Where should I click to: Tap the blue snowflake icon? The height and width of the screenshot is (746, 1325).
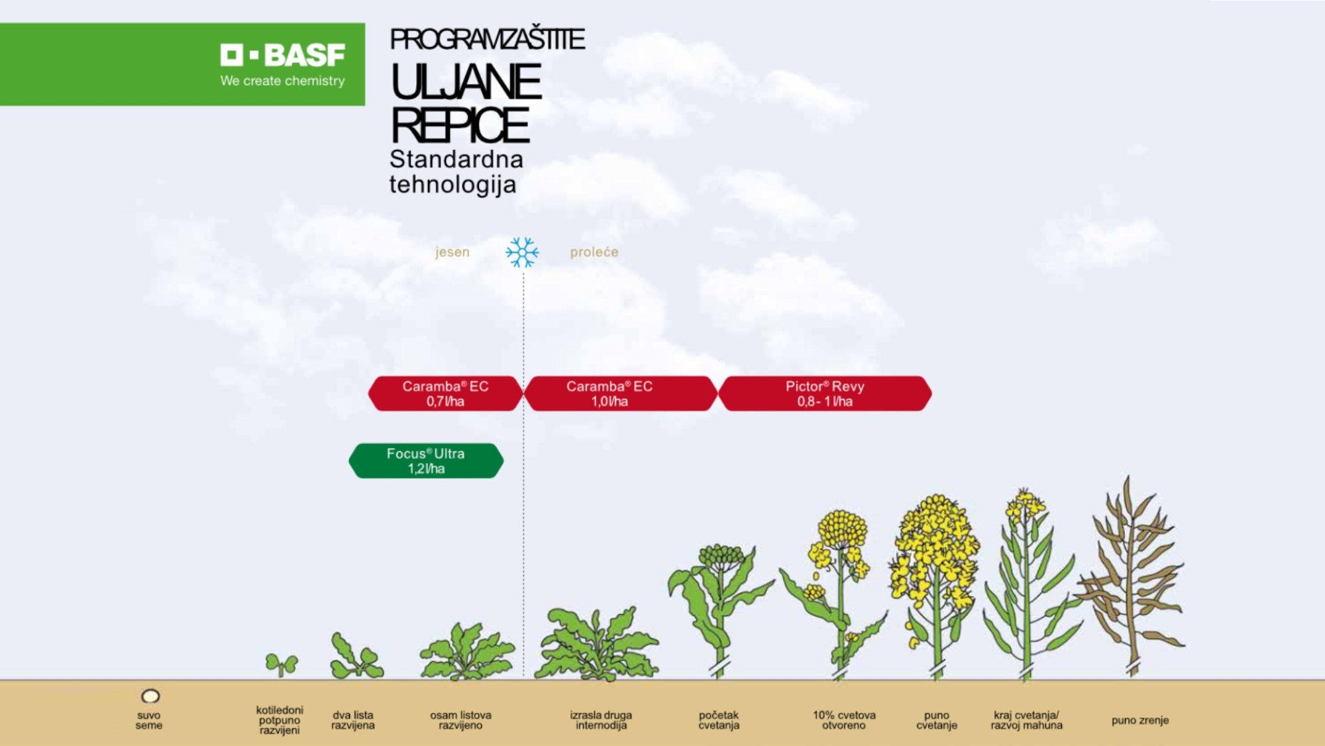tap(522, 252)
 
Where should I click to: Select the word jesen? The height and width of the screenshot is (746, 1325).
tap(452, 252)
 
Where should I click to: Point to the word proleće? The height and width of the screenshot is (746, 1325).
tap(594, 252)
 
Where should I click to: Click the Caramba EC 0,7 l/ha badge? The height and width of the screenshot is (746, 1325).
tap(445, 394)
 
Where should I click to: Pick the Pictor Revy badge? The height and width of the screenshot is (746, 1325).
tap(825, 394)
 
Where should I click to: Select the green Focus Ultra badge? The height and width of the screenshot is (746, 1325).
tap(426, 461)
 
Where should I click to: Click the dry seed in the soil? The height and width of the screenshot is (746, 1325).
tap(150, 696)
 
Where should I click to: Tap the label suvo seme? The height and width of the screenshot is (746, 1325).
tap(149, 720)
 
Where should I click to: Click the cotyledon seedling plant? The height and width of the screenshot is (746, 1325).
tap(282, 664)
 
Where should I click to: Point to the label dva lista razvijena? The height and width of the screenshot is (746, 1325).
tap(353, 720)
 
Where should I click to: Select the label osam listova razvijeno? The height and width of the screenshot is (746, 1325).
tap(460, 720)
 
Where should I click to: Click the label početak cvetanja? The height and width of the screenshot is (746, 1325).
tap(719, 720)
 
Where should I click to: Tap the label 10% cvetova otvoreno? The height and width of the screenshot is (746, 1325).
tap(844, 720)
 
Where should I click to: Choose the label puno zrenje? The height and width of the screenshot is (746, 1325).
tap(1140, 720)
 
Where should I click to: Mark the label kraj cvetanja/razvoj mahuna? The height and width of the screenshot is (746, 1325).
tap(1026, 720)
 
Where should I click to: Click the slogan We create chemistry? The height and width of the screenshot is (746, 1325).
tap(283, 81)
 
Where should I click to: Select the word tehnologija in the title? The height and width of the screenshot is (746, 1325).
tap(452, 185)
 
